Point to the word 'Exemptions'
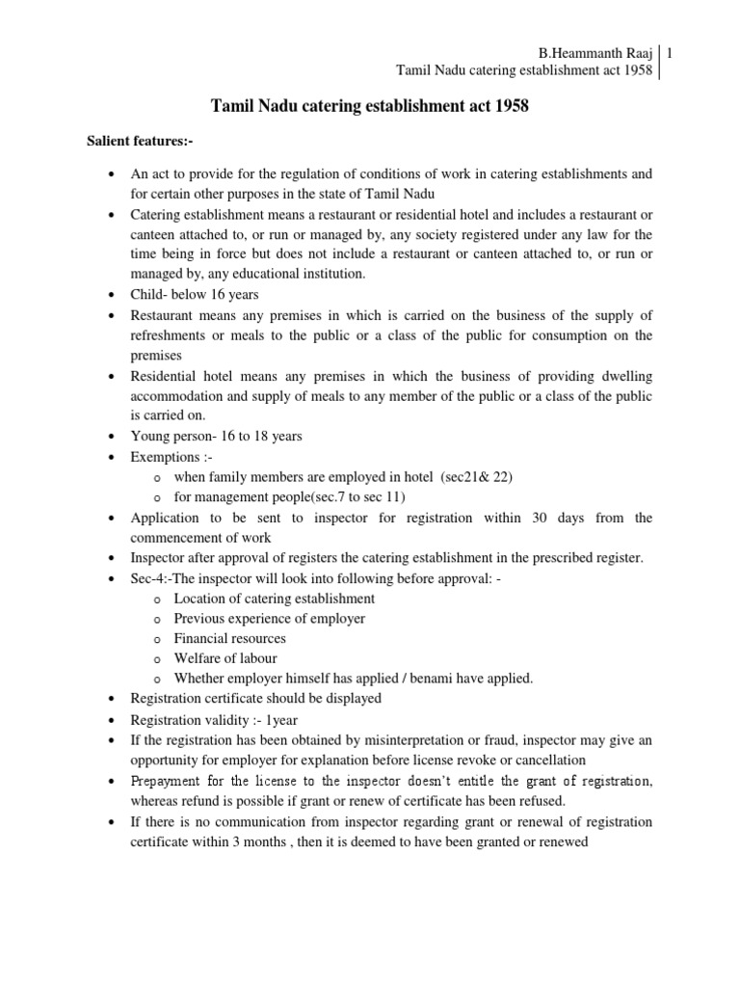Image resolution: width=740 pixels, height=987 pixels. pyautogui.click(x=165, y=456)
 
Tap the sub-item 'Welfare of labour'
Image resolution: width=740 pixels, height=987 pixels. pyautogui.click(x=225, y=658)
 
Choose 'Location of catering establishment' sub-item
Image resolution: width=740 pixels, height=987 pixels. pyautogui.click(x=274, y=598)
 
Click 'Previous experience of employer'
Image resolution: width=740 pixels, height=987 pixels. pyautogui.click(x=269, y=618)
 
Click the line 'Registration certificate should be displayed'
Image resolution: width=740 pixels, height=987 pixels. pyautogui.click(x=256, y=698)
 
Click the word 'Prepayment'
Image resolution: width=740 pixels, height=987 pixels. pyautogui.click(x=167, y=780)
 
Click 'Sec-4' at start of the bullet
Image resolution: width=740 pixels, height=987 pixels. pyautogui.click(x=147, y=578)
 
